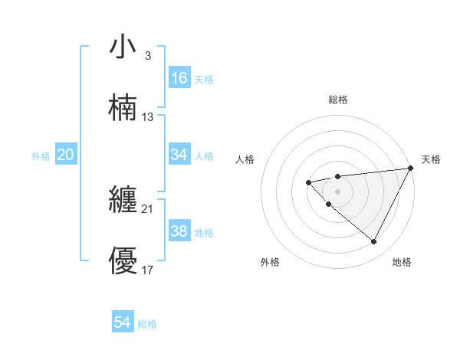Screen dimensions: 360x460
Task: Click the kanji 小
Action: coord(123,47)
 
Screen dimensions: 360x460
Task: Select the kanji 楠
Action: coord(123,107)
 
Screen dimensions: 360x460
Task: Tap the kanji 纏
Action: coord(123,201)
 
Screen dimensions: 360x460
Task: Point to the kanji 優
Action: coord(123,261)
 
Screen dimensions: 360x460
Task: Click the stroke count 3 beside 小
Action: coord(147,56)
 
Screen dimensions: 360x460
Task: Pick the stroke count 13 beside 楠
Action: coord(148,117)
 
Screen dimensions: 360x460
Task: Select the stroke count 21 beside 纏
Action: coord(148,209)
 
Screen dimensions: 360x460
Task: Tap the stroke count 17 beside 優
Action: coord(148,270)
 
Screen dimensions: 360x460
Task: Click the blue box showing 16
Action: coord(179,78)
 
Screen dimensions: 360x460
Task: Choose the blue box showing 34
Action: coord(179,155)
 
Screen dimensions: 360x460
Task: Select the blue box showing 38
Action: coord(179,231)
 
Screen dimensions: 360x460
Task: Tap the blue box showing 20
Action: coord(66,155)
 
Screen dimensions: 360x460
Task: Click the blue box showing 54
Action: coord(123,323)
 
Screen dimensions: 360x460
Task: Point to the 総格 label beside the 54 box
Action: coord(147,324)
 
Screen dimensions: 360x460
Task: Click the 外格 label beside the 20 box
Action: coord(41,156)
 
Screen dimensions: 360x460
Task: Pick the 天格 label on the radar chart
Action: coord(431,159)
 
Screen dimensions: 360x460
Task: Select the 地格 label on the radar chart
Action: coord(402,262)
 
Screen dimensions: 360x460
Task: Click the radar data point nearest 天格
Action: coord(411,168)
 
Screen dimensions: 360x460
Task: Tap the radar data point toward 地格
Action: coord(373,241)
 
